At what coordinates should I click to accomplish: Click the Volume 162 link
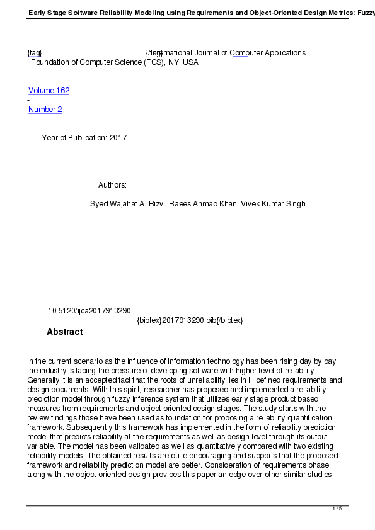[49, 91]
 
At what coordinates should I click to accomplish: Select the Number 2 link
[45, 110]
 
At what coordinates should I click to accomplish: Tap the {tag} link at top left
[34, 53]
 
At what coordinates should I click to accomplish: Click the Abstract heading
[64, 332]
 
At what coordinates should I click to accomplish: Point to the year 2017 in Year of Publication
[118, 138]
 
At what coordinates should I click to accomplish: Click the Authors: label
[112, 185]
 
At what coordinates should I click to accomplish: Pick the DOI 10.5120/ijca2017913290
[89, 311]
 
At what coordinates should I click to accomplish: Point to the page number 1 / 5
[337, 509]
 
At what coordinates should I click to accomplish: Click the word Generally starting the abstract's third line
[45, 380]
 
